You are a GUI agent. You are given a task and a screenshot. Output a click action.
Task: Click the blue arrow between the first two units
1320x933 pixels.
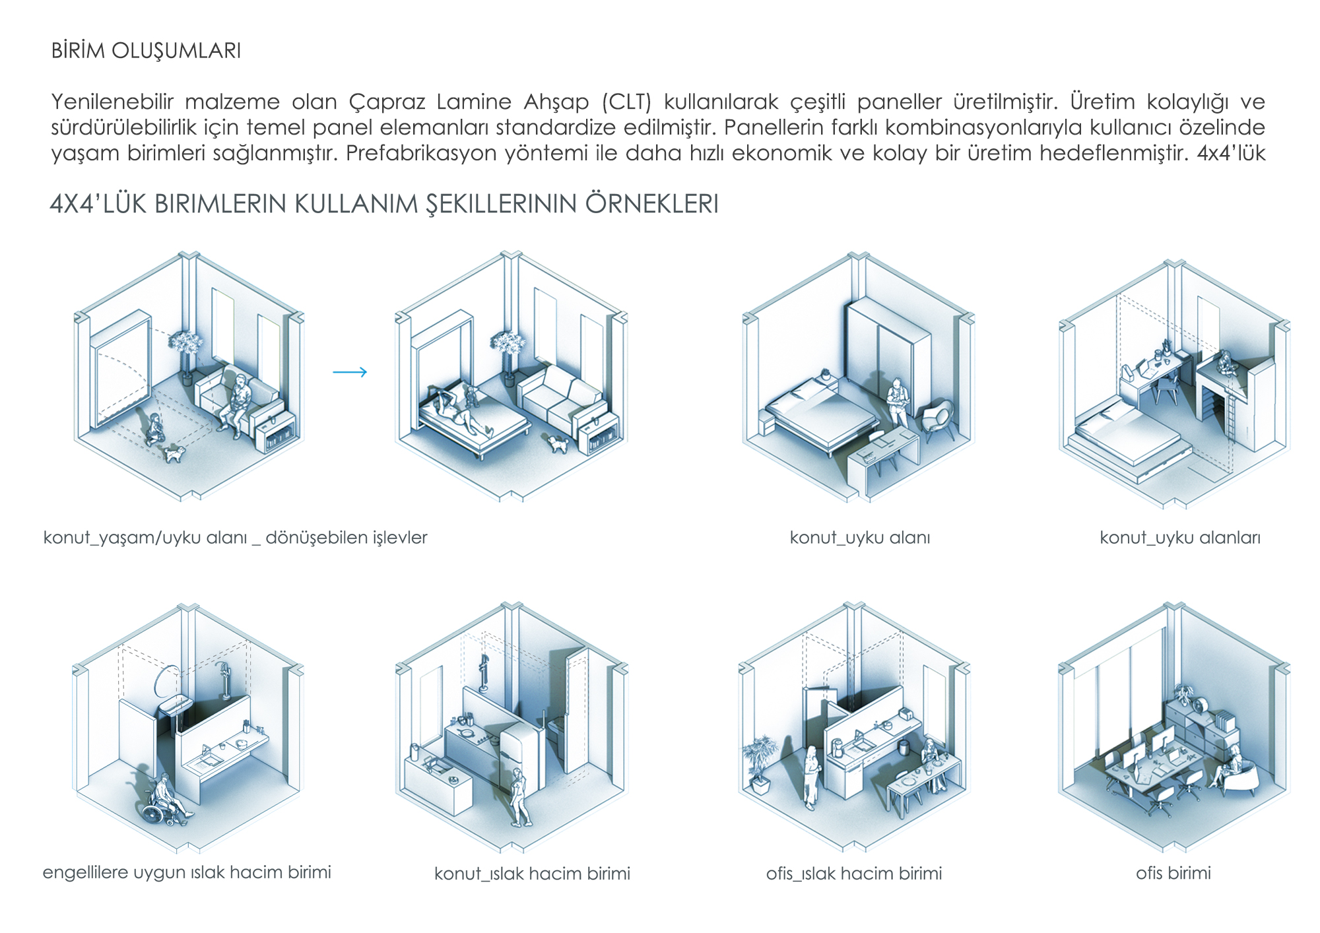350,372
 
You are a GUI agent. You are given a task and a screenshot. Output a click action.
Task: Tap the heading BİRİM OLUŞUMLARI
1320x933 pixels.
147,51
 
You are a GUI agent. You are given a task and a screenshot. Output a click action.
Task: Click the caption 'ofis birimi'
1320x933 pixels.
1173,873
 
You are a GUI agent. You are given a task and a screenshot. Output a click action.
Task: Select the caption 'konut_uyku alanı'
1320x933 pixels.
860,538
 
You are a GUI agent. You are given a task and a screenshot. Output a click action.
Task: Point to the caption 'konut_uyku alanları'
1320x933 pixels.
1180,538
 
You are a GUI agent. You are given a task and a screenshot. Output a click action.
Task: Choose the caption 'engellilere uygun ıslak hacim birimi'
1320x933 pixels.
187,872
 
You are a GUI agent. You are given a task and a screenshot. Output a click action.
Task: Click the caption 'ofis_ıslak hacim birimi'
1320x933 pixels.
854,874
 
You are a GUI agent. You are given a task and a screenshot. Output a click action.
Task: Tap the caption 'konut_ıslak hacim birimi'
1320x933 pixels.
532,874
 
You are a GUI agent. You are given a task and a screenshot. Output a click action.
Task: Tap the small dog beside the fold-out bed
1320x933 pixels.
558,444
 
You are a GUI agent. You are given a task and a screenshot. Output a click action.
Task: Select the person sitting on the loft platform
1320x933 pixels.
1226,364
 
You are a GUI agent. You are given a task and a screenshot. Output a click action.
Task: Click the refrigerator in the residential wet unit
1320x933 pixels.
521,756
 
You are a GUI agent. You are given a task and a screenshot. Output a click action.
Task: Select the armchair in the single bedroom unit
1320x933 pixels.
938,419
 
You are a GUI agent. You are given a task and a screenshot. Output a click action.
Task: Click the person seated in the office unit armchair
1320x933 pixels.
1233,769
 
